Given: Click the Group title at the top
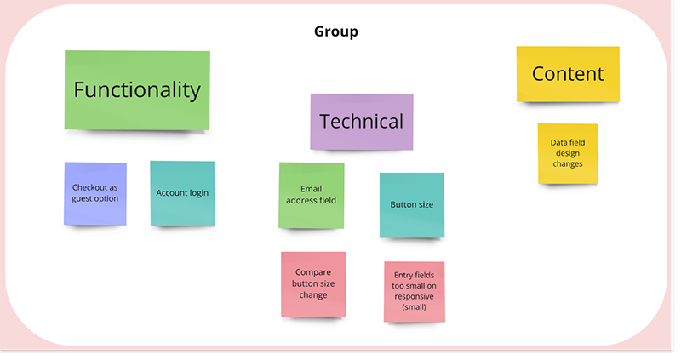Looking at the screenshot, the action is (x=335, y=31).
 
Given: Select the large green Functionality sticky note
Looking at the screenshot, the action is (x=137, y=89).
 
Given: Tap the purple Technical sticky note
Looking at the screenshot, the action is (x=361, y=121).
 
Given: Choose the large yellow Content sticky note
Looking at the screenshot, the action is (x=567, y=74).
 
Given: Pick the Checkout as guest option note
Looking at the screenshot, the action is (x=95, y=193).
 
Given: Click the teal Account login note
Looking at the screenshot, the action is (x=182, y=193).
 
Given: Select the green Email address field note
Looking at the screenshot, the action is (x=312, y=195).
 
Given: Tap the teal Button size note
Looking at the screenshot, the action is (x=411, y=205).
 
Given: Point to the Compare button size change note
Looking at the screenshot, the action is (x=313, y=284).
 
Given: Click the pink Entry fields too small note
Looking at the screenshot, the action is (x=414, y=291).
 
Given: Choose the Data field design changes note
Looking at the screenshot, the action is (x=567, y=153).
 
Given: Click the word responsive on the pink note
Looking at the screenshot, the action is (x=415, y=296).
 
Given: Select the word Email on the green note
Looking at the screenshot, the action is (x=312, y=189).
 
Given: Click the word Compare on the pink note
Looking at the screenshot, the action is (x=313, y=273).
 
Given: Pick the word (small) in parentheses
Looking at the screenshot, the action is (x=415, y=306).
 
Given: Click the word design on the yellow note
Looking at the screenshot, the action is (x=567, y=153).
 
